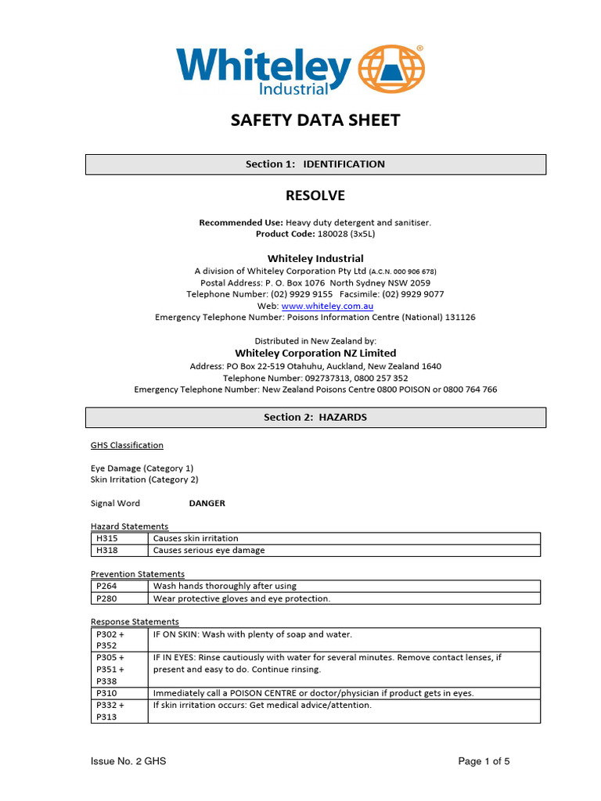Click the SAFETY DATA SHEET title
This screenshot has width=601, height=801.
point(315,120)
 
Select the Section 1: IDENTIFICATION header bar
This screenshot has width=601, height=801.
point(315,164)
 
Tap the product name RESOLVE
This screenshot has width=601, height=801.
point(315,196)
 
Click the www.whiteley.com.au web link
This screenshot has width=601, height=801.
point(327,306)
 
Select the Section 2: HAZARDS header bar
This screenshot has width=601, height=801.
point(315,418)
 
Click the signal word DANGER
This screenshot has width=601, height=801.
point(207,504)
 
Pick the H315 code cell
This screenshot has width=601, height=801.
point(119,538)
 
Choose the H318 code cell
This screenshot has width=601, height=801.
point(119,550)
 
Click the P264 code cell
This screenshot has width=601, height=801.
point(119,586)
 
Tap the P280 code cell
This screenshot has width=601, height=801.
point(119,598)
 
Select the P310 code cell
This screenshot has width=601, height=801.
point(119,693)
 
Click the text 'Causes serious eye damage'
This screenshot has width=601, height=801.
point(209,550)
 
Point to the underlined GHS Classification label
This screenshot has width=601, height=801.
point(127,445)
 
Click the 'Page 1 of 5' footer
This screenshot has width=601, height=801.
point(484,761)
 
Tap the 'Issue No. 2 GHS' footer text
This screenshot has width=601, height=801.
point(128,761)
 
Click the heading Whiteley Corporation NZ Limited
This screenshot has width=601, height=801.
point(315,354)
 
